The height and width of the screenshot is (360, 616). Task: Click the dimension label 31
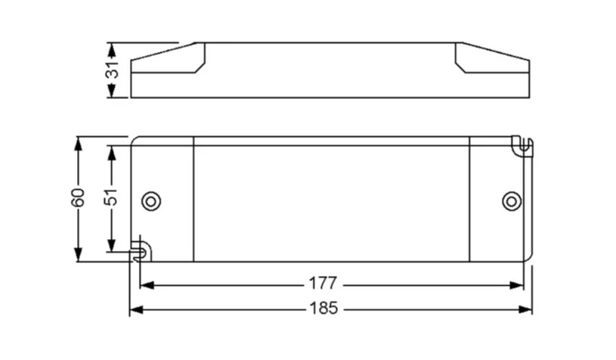[x=112, y=70]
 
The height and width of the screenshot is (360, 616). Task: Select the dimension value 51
[x=111, y=199]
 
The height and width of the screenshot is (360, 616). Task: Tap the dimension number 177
[x=323, y=284]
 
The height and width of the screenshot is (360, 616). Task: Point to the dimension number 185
[x=323, y=309]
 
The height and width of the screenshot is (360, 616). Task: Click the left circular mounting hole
[x=152, y=200]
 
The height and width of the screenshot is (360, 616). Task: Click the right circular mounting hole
[x=512, y=200]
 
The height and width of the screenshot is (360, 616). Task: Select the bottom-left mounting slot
[x=138, y=249]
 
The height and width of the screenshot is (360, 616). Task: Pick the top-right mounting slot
[x=522, y=144]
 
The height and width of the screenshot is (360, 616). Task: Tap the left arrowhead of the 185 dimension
[x=136, y=309]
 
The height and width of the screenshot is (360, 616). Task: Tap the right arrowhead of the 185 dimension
[x=525, y=309]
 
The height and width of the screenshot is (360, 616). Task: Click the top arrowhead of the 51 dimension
[x=111, y=152]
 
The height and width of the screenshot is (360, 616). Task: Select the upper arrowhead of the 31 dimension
[x=112, y=49]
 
